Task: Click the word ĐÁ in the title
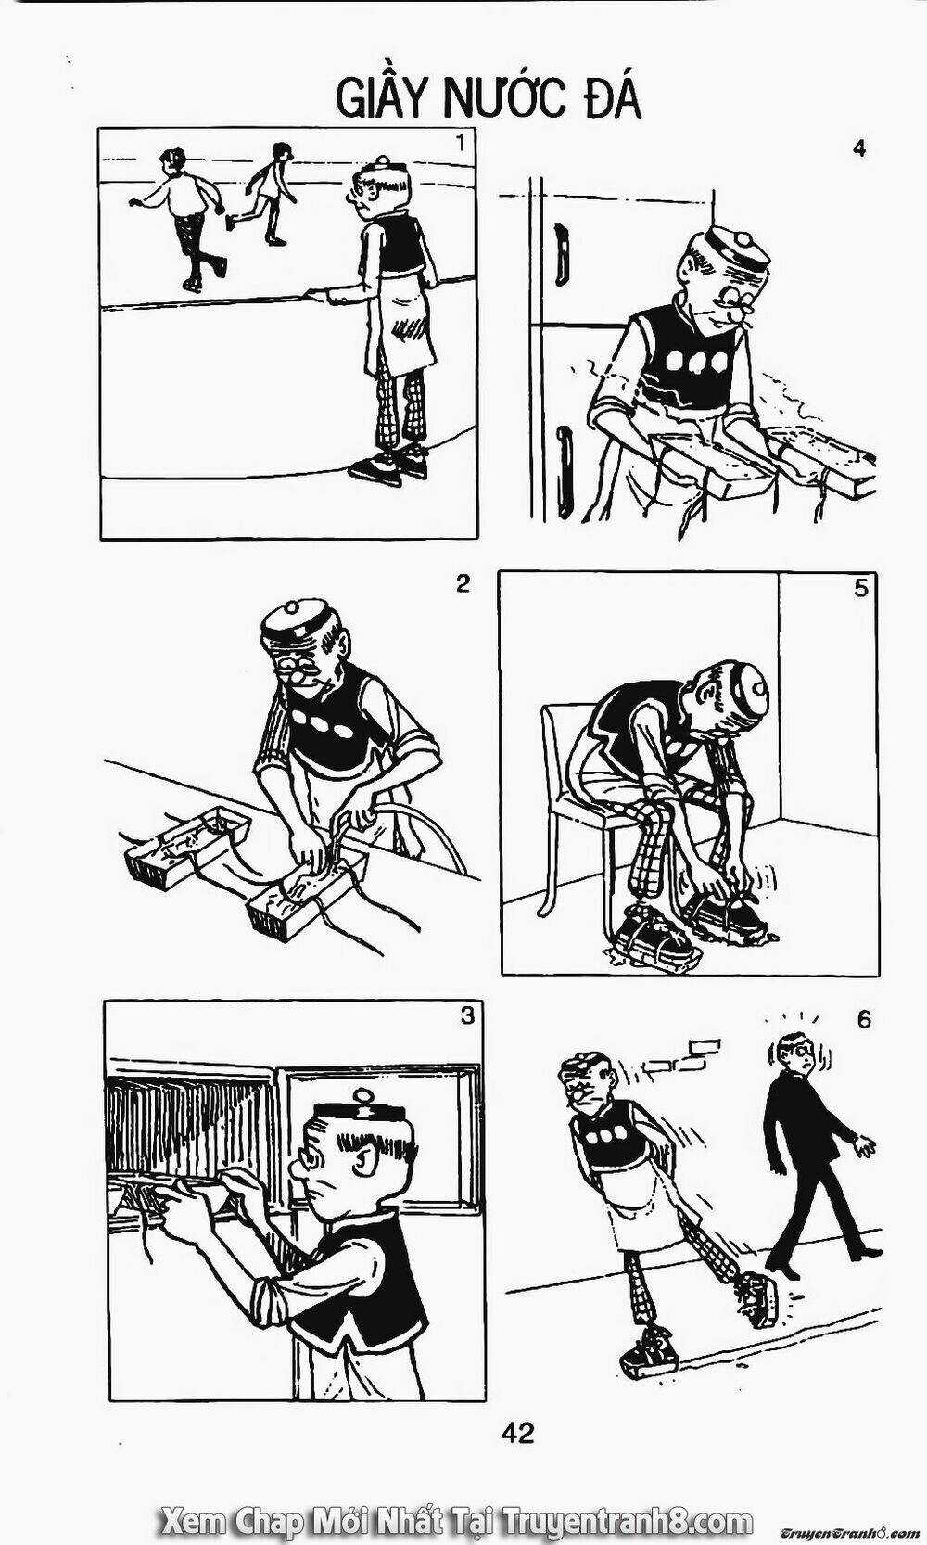pos(608,98)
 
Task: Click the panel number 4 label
pos(858,147)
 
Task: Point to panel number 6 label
pos(864,1019)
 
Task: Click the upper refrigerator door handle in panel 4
pos(561,253)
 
